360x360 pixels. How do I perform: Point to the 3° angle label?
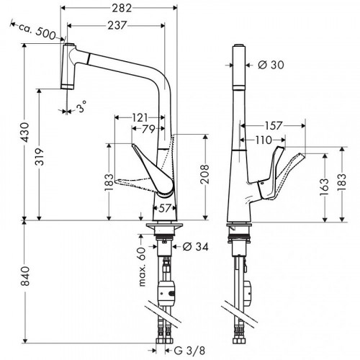82,108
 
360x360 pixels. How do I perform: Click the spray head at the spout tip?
71,65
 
